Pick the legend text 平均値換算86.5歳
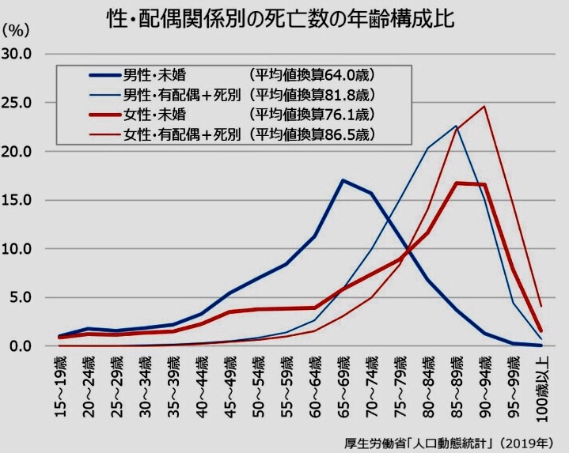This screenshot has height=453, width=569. tap(310, 134)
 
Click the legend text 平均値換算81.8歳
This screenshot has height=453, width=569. tap(310, 96)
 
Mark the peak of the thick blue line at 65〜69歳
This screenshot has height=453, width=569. tap(343, 180)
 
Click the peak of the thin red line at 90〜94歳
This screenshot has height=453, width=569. tap(484, 106)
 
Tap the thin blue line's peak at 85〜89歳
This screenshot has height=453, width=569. tap(456, 126)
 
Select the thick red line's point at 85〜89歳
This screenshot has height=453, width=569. tap(456, 183)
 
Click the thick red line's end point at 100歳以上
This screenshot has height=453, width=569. tap(540, 331)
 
